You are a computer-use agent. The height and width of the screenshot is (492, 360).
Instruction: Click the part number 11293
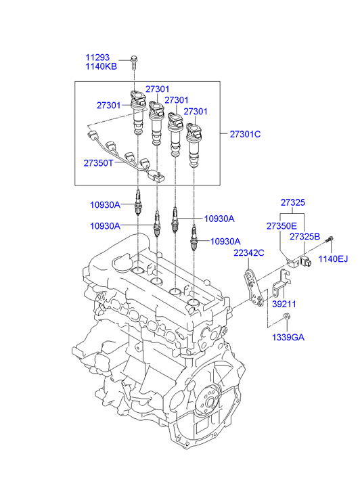(x=97, y=58)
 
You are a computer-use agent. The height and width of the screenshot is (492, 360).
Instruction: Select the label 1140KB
(x=101, y=66)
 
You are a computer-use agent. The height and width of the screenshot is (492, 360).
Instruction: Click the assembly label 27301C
(x=245, y=134)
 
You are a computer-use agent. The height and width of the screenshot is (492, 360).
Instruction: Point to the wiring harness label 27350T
(x=98, y=163)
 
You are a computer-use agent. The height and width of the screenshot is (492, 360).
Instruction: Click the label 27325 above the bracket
(x=292, y=203)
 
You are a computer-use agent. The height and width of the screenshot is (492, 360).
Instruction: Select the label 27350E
(x=282, y=226)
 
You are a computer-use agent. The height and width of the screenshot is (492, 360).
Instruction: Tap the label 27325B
(x=305, y=237)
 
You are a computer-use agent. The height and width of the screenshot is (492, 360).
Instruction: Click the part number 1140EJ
(x=333, y=259)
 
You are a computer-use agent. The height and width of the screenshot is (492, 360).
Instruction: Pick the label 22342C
(x=249, y=253)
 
